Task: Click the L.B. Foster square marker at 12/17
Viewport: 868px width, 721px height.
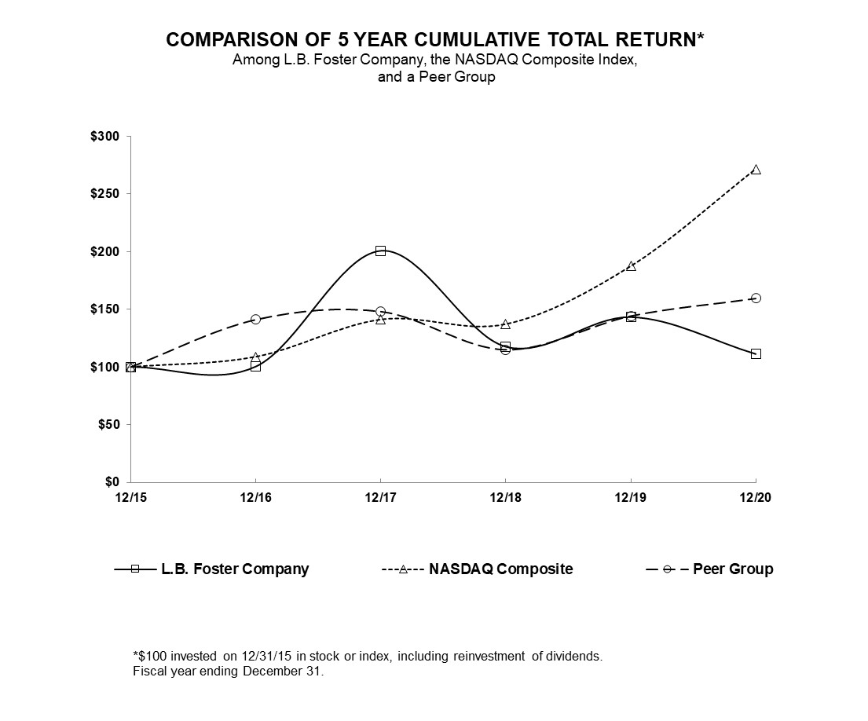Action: (380, 251)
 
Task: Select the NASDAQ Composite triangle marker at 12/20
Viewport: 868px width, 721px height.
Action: (756, 170)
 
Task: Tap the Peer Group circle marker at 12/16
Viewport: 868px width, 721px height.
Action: (255, 319)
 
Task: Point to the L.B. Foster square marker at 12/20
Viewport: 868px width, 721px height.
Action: (756, 353)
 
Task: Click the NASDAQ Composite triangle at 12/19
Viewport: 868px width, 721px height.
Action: (631, 266)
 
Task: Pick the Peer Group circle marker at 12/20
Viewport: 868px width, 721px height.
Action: (756, 298)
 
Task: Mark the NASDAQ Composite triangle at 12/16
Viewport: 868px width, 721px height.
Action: (255, 357)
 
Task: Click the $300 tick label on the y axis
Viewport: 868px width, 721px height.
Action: (104, 137)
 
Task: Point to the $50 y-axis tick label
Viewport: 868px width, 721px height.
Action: (108, 424)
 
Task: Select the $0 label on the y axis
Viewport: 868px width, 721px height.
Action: (112, 481)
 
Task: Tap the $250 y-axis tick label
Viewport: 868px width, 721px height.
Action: (104, 194)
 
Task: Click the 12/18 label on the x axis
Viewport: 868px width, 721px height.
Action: (505, 497)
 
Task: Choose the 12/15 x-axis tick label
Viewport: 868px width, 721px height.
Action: (130, 497)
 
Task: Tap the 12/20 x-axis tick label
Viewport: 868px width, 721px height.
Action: (756, 497)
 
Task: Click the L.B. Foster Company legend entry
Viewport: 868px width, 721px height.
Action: (234, 569)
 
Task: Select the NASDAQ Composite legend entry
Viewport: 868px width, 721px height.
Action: (500, 569)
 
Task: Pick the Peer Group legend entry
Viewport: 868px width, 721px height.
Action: (732, 569)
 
